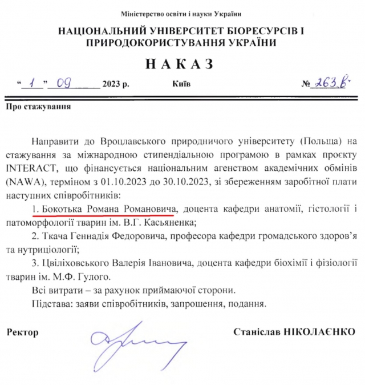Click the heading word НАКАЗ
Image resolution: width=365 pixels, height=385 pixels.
tap(182, 63)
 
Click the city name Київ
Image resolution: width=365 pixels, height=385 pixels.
tap(182, 84)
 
